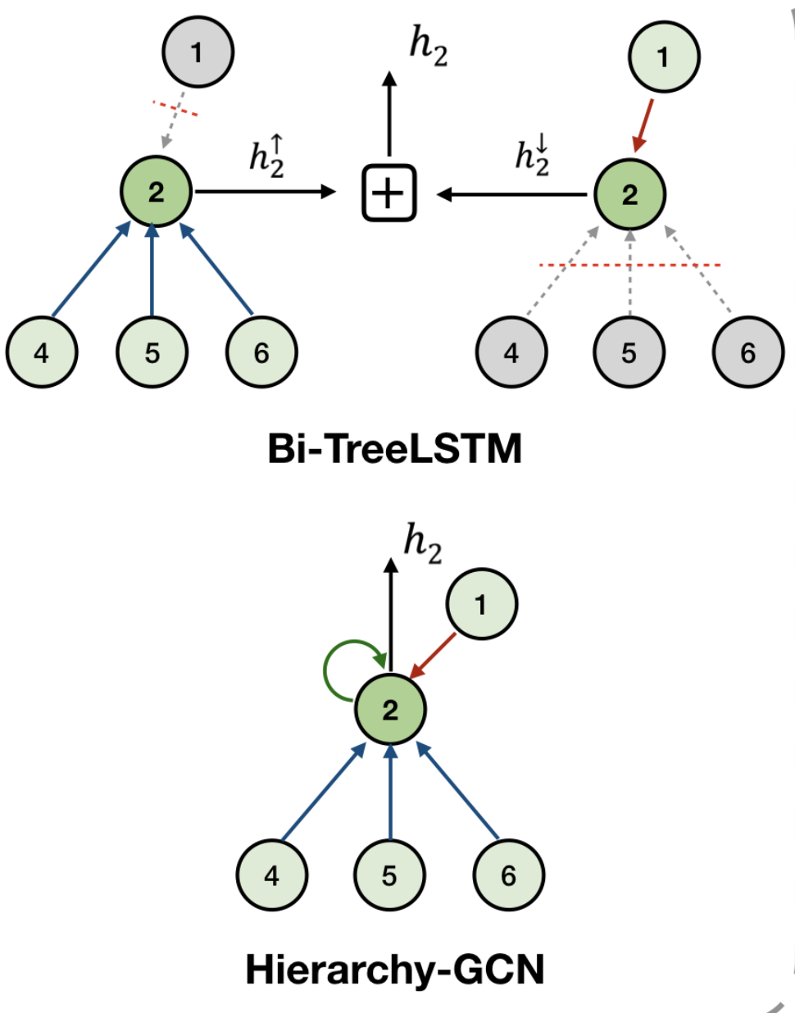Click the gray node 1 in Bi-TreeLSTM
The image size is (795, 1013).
pyautogui.click(x=198, y=52)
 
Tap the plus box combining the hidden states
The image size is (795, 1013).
pyautogui.click(x=389, y=193)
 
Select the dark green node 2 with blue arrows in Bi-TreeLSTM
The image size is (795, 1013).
pyautogui.click(x=156, y=192)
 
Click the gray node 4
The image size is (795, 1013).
pyautogui.click(x=511, y=352)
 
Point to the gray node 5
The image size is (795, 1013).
pyautogui.click(x=629, y=352)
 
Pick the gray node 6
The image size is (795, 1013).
pyautogui.click(x=747, y=352)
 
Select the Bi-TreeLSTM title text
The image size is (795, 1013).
pyautogui.click(x=395, y=449)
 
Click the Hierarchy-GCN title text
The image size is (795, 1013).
pyautogui.click(x=395, y=970)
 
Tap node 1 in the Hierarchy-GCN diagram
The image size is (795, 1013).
pyautogui.click(x=481, y=604)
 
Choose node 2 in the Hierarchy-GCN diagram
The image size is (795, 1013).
pyautogui.click(x=390, y=710)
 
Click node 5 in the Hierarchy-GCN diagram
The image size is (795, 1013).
pyautogui.click(x=389, y=875)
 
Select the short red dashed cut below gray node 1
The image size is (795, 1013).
pyautogui.click(x=175, y=108)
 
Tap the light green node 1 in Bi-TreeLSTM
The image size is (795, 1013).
pyautogui.click(x=663, y=57)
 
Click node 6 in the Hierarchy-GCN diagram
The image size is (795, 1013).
pyautogui.click(x=508, y=875)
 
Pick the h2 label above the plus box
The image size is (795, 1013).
pyautogui.click(x=429, y=46)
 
